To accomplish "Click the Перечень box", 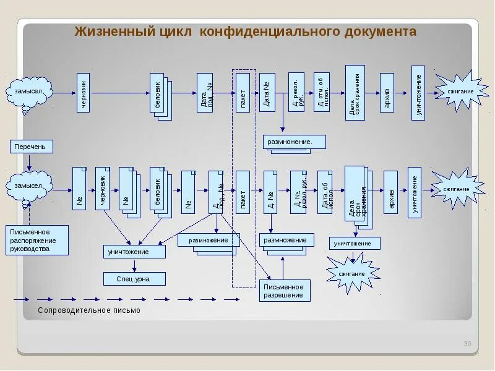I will [x=32, y=147].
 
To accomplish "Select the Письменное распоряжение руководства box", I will [x=38, y=240].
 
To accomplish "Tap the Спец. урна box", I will [x=134, y=279].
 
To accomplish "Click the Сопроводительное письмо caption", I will [x=89, y=310].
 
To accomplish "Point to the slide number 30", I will [x=467, y=344].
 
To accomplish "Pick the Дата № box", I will [x=266, y=93].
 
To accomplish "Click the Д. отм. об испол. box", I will [x=322, y=92].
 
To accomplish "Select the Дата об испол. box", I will [x=325, y=192].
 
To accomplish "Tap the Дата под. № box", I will [x=205, y=93].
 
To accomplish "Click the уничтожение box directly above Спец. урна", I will [x=134, y=252].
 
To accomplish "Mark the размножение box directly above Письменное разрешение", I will [x=285, y=240].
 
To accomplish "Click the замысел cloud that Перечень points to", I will [x=28, y=185].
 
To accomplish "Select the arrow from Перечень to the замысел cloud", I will [x=28, y=162].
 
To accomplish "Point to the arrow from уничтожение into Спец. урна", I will [x=134, y=265].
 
